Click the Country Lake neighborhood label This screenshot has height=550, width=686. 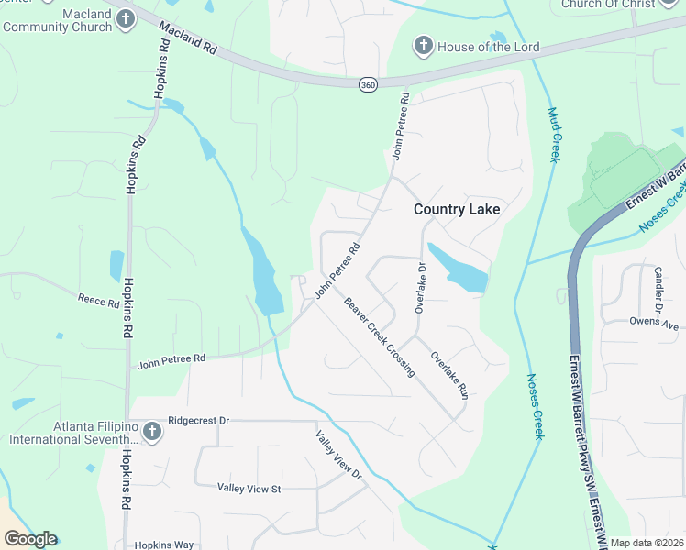[x=457, y=209]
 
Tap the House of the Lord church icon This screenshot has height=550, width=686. [x=423, y=46]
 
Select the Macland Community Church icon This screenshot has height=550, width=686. [x=126, y=17]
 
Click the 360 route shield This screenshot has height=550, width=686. [x=368, y=84]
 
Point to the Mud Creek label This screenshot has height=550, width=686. [x=553, y=135]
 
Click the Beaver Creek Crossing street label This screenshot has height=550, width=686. [x=380, y=336]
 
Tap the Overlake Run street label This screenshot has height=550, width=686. [x=449, y=375]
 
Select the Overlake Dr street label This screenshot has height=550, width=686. [x=420, y=288]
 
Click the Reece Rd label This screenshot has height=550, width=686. [x=99, y=301]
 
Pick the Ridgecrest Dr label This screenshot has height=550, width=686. [x=198, y=421]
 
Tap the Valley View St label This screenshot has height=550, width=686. [x=248, y=489]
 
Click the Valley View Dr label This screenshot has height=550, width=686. [x=338, y=456]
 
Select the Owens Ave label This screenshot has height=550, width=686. [x=653, y=322]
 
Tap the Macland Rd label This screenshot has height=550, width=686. [x=187, y=39]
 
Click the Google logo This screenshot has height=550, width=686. [x=30, y=539]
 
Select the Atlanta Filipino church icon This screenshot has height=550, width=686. [x=152, y=433]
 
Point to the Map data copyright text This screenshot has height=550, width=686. [x=646, y=543]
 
